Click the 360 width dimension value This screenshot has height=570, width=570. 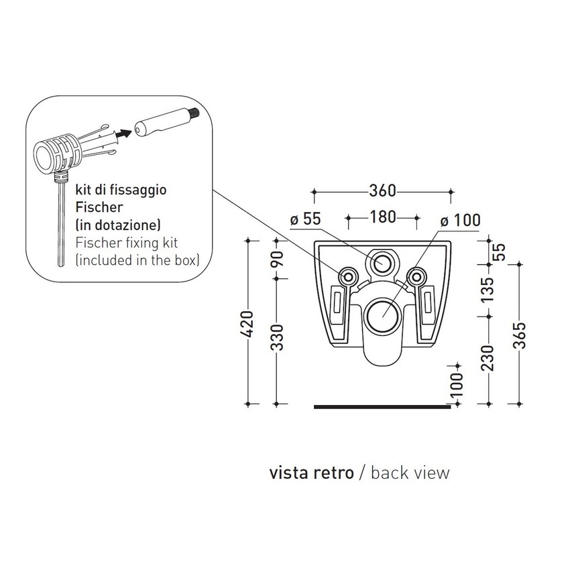pos(382,192)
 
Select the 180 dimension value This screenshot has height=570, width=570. pos(382,217)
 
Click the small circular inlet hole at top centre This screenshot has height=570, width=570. pos(382,262)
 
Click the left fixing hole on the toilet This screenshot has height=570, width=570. pos(349,276)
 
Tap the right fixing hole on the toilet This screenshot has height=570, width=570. pos(417,276)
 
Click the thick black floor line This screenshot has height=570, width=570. pos(382,406)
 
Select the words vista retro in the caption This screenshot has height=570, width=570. pos(311,473)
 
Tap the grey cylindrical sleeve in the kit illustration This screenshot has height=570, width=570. pos(161,125)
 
